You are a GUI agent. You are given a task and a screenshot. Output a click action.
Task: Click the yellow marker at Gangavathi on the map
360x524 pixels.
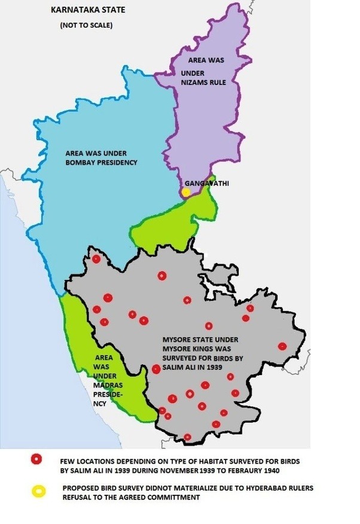pos(187,192)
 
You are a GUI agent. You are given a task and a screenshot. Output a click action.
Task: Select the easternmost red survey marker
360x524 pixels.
pos(282,346)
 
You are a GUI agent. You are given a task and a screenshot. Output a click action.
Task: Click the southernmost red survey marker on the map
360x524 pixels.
pos(188,437)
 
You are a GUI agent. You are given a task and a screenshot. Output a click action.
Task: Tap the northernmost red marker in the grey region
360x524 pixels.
pos(96,259)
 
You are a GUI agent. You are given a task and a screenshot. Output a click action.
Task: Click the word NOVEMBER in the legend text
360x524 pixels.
pos(188,471)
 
